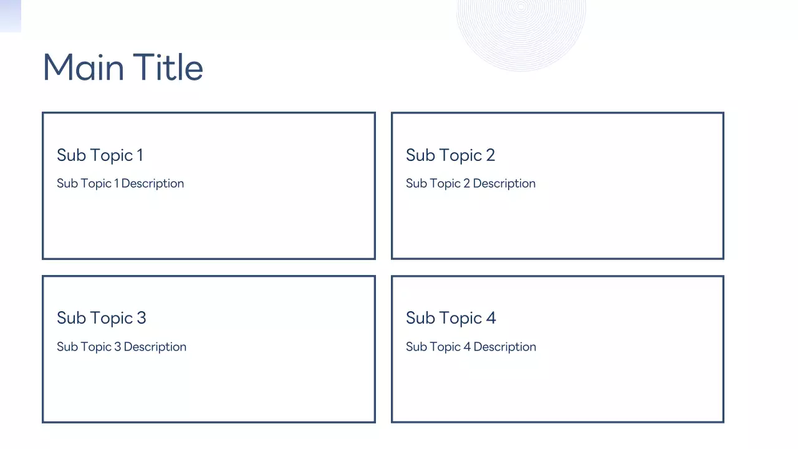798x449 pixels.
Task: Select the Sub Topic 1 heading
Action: click(x=100, y=155)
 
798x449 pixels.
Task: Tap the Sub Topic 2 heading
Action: click(x=450, y=155)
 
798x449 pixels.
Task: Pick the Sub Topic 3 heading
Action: click(x=101, y=318)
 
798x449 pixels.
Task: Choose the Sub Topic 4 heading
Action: click(x=451, y=318)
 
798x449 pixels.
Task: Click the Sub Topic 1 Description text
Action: click(x=120, y=183)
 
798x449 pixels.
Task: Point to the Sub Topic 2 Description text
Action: click(x=471, y=183)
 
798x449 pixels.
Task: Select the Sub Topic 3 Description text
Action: click(x=122, y=347)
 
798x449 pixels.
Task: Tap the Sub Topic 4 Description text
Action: click(x=471, y=347)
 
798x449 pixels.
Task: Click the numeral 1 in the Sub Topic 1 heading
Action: click(x=140, y=155)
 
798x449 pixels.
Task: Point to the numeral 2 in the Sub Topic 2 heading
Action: click(x=490, y=155)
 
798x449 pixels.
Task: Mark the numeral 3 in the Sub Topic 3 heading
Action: click(x=141, y=318)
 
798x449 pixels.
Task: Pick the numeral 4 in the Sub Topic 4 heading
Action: click(x=491, y=318)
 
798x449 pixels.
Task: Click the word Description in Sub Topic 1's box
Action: click(x=153, y=183)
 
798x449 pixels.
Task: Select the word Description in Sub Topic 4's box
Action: click(x=504, y=347)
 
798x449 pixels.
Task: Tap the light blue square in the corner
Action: click(x=10, y=16)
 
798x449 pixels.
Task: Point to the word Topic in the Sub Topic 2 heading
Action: click(x=461, y=155)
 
